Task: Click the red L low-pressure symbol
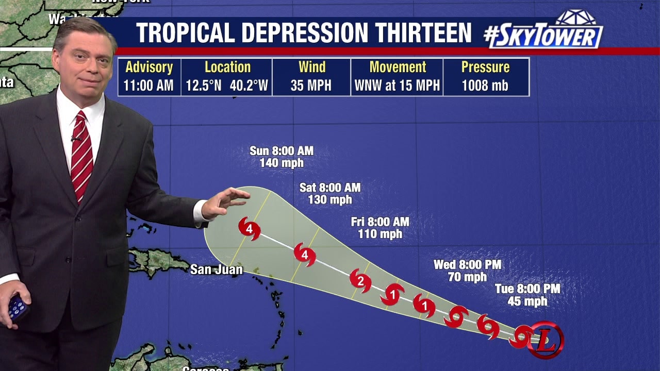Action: [x=546, y=340]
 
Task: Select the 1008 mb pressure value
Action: [x=485, y=85]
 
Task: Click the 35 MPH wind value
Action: [x=311, y=85]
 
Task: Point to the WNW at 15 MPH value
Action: [x=397, y=85]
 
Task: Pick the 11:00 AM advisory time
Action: [x=148, y=85]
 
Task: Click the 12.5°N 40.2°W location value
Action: [x=227, y=85]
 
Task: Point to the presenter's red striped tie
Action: [x=81, y=155]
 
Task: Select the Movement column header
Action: [x=398, y=67]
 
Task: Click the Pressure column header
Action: [x=485, y=67]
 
